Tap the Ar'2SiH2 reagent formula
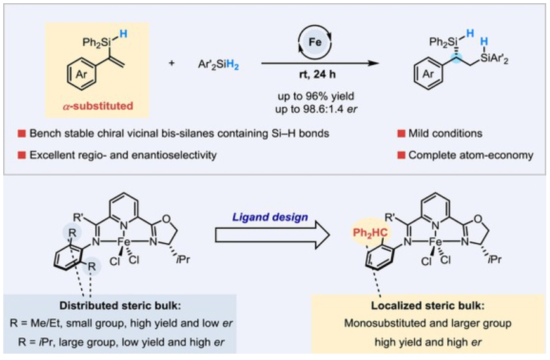tap(214, 64)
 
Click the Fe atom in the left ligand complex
tap(124, 243)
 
